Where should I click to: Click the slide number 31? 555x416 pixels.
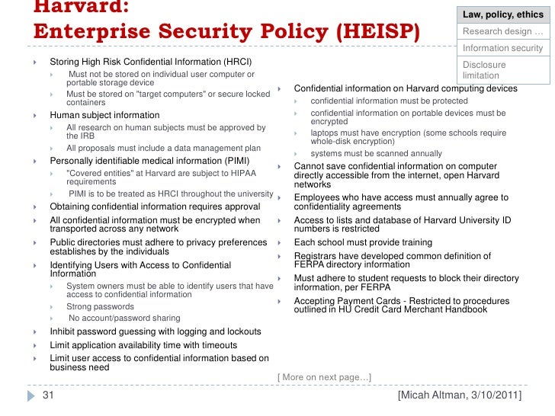(47, 395)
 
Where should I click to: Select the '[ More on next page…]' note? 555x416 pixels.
(324, 377)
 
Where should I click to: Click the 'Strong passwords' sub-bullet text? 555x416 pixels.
(101, 307)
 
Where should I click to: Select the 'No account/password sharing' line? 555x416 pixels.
(124, 318)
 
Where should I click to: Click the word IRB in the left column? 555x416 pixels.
(75, 136)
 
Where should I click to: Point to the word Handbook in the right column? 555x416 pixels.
(465, 309)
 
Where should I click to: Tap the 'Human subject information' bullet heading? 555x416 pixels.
(104, 115)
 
